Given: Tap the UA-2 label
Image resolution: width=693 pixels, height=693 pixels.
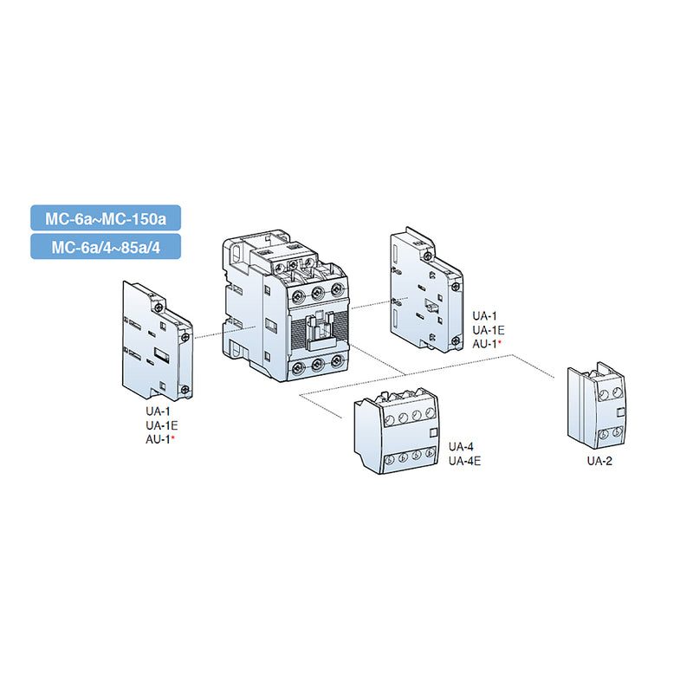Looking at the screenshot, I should click(599, 461).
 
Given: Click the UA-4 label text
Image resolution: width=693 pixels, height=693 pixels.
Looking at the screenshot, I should click(461, 447).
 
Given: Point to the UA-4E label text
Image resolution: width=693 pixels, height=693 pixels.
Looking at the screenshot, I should click(464, 460).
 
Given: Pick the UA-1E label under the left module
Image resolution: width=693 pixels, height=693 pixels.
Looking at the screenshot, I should click(160, 426).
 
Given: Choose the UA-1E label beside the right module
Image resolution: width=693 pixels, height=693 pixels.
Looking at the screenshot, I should click(488, 330).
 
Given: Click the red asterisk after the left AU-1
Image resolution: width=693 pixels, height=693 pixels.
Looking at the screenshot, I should click(173, 440).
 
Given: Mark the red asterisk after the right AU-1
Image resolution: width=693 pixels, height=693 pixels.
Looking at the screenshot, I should click(500, 344).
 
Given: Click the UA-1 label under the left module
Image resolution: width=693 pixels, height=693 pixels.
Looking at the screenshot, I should click(157, 412).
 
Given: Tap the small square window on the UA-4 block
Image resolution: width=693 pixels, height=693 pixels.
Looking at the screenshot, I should click(433, 437).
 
